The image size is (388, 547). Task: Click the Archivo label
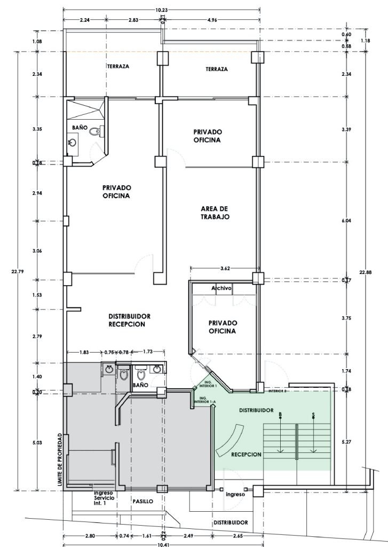(x=221, y=288)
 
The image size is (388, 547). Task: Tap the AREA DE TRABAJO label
(x=215, y=213)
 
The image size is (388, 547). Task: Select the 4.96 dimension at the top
(x=215, y=20)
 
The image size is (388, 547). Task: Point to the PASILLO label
(x=143, y=502)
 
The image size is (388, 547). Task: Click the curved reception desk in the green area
(x=232, y=437)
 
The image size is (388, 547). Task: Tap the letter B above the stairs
(x=280, y=414)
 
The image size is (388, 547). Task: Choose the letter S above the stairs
(x=313, y=414)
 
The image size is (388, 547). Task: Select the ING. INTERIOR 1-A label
(x=203, y=401)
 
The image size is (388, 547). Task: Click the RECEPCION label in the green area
(x=246, y=455)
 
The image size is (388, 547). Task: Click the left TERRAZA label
(x=117, y=67)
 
